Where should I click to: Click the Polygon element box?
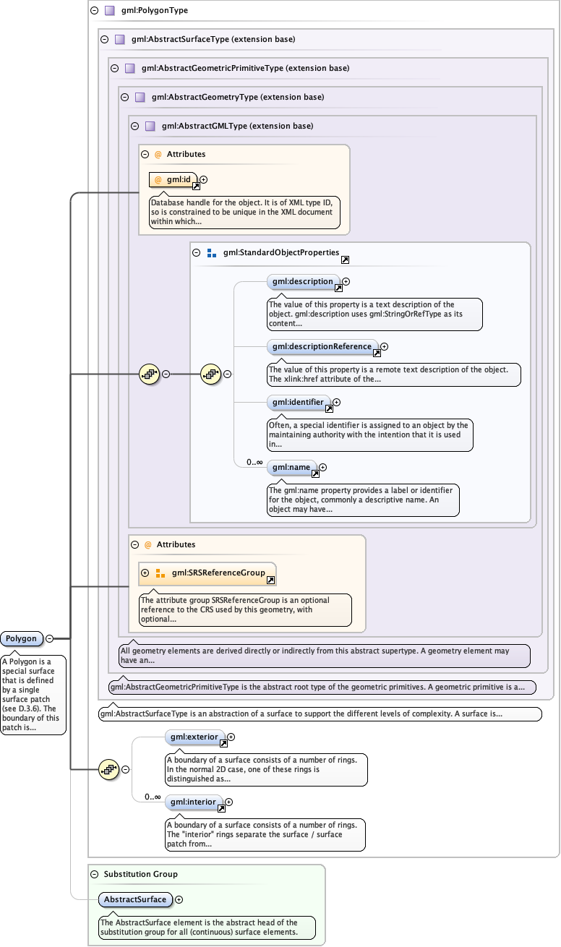pos(21,639)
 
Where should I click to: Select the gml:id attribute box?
pos(173,179)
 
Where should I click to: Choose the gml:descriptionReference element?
pos(322,347)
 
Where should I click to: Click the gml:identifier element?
pos(299,402)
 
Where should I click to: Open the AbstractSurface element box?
pos(135,900)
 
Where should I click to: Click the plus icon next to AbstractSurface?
pos(179,900)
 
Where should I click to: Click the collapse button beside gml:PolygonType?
pos(94,11)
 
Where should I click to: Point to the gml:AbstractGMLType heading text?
pos(238,126)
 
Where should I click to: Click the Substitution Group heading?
pos(140,874)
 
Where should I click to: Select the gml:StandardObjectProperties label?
pos(281,253)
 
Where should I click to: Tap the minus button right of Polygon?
pos(50,639)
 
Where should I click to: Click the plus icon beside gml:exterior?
pos(231,737)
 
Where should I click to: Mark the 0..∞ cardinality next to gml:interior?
pos(152,797)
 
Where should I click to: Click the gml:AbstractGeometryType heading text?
pos(238,97)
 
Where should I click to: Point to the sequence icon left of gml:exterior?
pos(108,770)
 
